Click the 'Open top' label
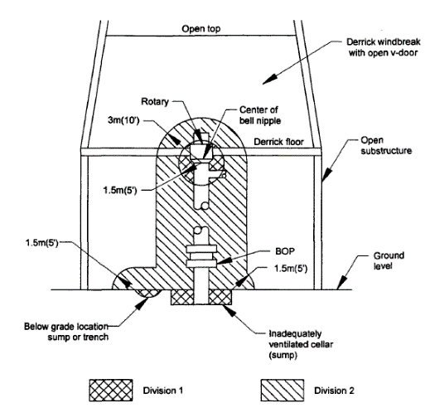201,29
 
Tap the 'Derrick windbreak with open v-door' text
384,47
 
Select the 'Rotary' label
155,101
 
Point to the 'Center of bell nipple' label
259,115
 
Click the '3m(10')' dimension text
123,120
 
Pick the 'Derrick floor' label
278,142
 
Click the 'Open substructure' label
386,145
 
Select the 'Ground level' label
389,260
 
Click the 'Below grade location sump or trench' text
66,332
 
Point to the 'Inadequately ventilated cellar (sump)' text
301,344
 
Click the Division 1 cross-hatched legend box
111,390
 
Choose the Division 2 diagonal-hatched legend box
283,390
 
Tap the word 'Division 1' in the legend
163,391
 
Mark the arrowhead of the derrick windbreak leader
269,79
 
